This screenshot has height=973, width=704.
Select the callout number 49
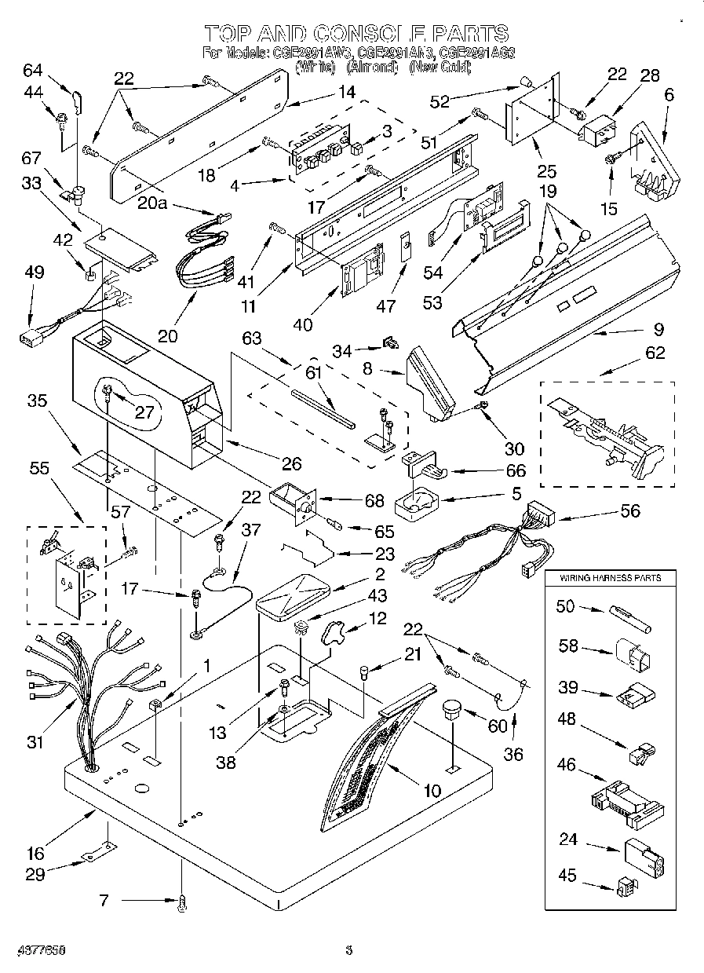(34, 272)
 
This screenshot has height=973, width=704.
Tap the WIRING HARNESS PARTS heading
(609, 577)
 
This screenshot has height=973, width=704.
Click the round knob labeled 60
(450, 710)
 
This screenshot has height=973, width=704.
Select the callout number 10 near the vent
(431, 791)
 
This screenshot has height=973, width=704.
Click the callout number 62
(655, 353)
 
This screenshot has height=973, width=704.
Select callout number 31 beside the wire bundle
(34, 741)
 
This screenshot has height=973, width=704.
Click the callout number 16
(36, 853)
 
